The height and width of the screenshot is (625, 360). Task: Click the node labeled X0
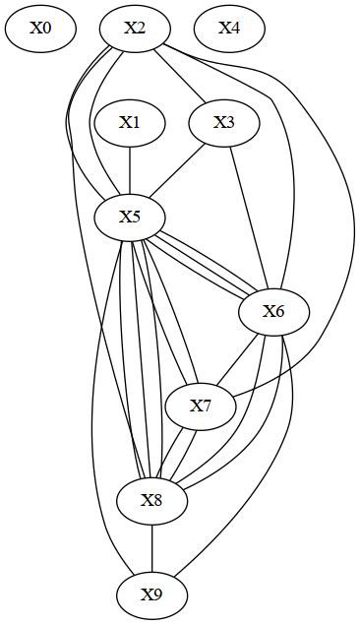click(x=40, y=29)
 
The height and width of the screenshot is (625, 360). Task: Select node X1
click(x=130, y=123)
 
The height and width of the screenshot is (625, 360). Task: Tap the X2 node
click(x=135, y=29)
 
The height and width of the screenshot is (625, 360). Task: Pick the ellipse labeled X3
click(x=224, y=123)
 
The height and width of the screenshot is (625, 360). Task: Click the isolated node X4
click(x=228, y=29)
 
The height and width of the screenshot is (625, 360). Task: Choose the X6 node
click(x=273, y=312)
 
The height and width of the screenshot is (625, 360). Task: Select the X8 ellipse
click(x=151, y=500)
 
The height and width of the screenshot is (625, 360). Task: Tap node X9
click(x=151, y=594)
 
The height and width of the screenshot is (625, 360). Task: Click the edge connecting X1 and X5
click(x=130, y=170)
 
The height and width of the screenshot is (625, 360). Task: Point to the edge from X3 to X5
click(x=178, y=169)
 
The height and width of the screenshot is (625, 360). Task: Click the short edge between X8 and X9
click(x=151, y=547)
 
